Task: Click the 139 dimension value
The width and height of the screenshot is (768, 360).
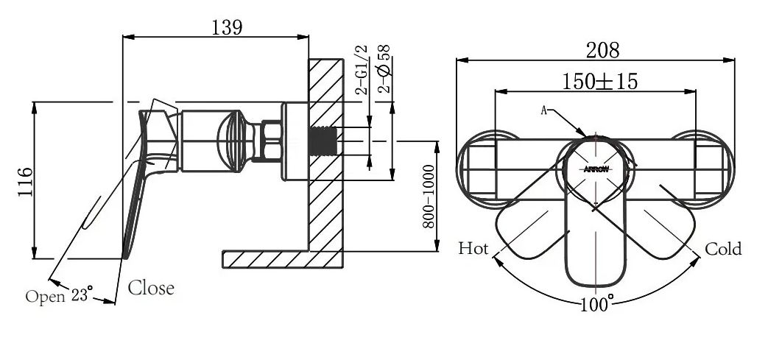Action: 227,27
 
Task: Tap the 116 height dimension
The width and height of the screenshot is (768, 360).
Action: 26,182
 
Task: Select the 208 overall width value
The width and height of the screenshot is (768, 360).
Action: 602,50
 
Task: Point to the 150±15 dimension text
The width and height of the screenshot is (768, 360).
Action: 600,81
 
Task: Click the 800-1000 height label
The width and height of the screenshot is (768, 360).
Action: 429,197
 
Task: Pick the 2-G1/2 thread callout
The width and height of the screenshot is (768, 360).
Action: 362,69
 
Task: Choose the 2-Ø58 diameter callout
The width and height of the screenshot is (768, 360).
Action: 385,68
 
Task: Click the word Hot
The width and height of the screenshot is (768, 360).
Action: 473,249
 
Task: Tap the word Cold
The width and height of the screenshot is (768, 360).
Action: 723,249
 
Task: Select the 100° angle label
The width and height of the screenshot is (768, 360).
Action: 597,303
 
